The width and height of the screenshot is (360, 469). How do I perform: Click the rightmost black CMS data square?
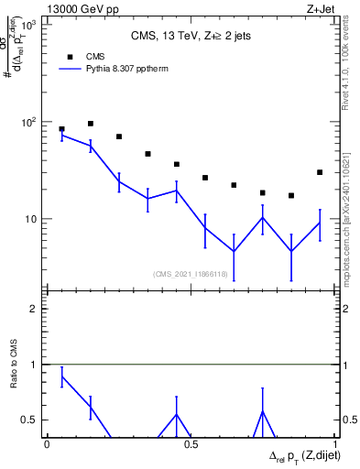point(319,172)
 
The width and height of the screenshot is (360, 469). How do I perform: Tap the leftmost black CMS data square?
point(61,129)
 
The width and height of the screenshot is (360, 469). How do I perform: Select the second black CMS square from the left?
point(91,124)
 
